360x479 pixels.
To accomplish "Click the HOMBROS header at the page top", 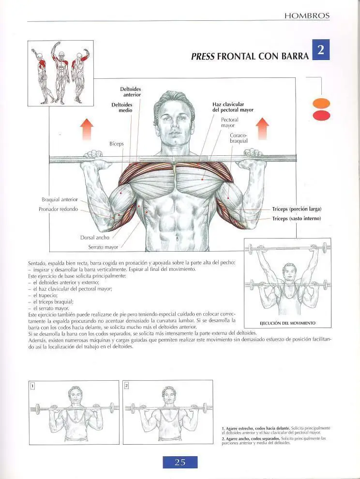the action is (x=307, y=16).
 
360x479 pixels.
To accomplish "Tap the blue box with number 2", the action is (x=321, y=49).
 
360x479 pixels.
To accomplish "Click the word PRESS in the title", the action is (x=203, y=56).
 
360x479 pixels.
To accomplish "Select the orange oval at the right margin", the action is (x=321, y=103).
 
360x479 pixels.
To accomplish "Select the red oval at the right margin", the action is (x=321, y=116).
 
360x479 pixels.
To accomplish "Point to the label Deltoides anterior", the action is (x=131, y=92).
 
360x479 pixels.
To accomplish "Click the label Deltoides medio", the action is (x=122, y=107).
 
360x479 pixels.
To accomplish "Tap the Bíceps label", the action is (x=117, y=144).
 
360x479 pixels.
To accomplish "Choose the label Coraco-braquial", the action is (x=239, y=138).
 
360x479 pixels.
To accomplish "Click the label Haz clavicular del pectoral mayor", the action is (x=233, y=107).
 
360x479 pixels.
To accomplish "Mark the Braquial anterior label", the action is (x=60, y=199).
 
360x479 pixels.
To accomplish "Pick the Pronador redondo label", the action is (x=58, y=209).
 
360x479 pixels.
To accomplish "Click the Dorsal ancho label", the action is (x=95, y=238).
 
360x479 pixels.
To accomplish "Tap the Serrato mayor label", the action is (x=103, y=247).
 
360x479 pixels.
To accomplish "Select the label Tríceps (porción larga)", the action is (x=297, y=209).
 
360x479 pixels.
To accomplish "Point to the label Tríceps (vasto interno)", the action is (x=297, y=219).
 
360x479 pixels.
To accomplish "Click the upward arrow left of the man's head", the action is (x=87, y=129).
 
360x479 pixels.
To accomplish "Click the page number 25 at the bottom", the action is (x=180, y=462).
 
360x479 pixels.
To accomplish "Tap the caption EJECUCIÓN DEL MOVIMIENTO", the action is (x=287, y=323).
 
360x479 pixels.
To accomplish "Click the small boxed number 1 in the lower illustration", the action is (x=33, y=386).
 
